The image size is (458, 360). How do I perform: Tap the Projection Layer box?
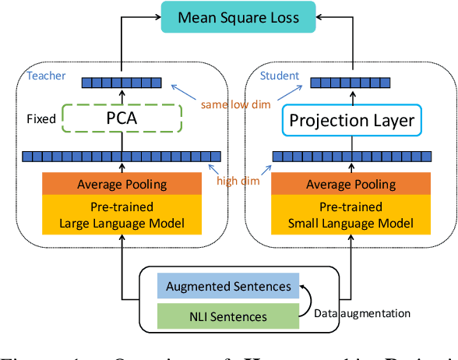pyautogui.click(x=351, y=120)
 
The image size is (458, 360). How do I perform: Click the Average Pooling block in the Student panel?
pyautogui.click(x=351, y=184)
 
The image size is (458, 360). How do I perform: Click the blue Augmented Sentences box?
pyautogui.click(x=229, y=287)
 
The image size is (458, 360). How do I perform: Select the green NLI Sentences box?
pyautogui.click(x=229, y=316)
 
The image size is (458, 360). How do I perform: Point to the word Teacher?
pyautogui.click(x=47, y=76)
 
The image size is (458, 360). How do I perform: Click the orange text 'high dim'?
pyautogui.click(x=238, y=182)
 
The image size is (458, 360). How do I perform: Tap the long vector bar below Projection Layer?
pyautogui.click(x=351, y=156)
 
